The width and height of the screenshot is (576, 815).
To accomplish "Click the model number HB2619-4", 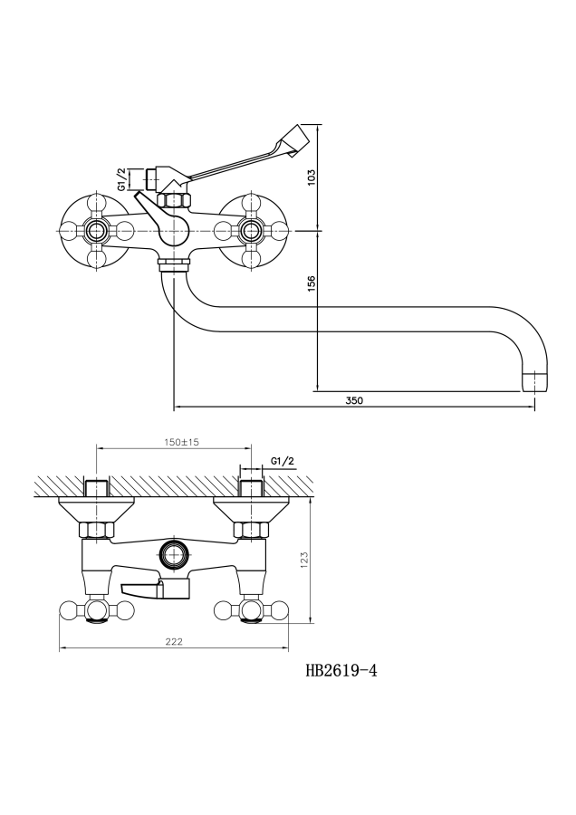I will pyautogui.click(x=341, y=671).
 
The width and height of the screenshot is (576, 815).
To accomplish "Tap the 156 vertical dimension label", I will pyautogui.click(x=311, y=283).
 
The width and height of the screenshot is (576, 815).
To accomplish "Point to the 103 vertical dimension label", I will pyautogui.click(x=311, y=177).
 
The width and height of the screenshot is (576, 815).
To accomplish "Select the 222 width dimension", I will pyautogui.click(x=174, y=641).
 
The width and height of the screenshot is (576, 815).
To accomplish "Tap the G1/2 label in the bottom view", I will pyautogui.click(x=283, y=462).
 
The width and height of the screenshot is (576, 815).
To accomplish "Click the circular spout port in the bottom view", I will pyautogui.click(x=173, y=553).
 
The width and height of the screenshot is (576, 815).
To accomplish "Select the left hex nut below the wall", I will pyautogui.click(x=97, y=530).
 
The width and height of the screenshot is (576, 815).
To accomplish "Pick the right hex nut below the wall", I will pyautogui.click(x=250, y=530).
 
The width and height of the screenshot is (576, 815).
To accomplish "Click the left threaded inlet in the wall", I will pyautogui.click(x=97, y=487).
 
